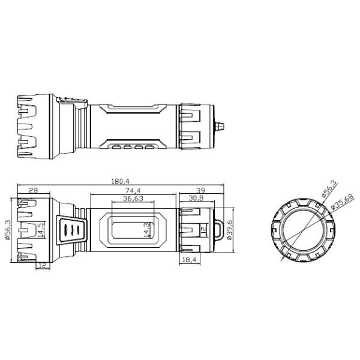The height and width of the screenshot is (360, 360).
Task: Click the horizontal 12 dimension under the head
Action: [43, 265]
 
